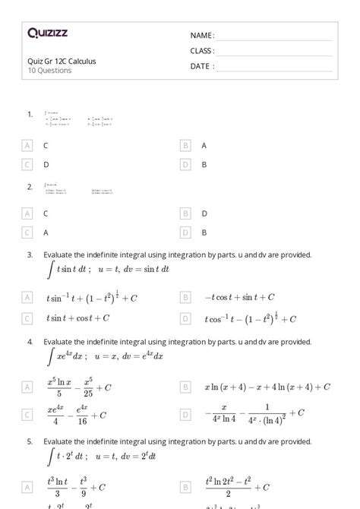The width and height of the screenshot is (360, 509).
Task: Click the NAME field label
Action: (202, 36)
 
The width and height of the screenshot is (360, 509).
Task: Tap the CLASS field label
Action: (202, 51)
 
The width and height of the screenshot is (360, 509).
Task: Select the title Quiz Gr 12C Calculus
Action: (62, 62)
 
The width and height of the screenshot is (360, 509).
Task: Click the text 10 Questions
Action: (49, 71)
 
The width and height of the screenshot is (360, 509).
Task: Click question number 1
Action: (30, 114)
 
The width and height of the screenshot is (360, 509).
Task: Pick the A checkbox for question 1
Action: (28, 145)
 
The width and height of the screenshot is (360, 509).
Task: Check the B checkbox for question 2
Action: (185, 214)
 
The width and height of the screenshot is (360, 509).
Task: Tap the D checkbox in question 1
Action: (185, 163)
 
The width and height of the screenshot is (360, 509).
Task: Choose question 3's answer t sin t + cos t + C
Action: (78, 318)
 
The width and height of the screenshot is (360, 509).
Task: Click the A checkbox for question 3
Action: (28, 298)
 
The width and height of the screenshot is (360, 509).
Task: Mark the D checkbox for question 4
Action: (185, 414)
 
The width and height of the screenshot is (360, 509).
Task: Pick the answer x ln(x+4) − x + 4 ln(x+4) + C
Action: (267, 387)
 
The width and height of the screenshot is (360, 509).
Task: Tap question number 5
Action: (30, 441)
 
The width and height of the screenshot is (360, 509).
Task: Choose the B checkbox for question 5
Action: (185, 487)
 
